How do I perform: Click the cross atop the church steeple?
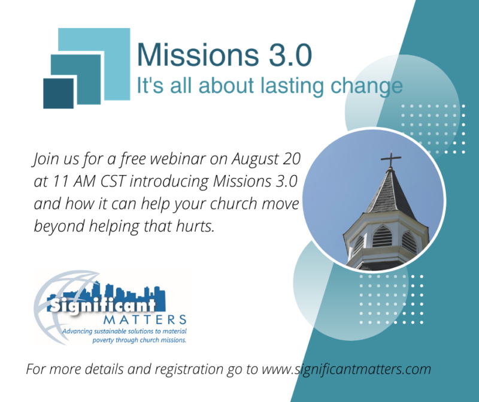390,159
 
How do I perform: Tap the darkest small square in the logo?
58,93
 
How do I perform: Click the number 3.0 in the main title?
290,55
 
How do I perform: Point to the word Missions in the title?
198,55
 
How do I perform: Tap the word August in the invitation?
255,159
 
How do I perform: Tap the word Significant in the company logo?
103,304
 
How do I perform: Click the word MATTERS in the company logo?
145,320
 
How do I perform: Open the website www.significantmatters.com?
347,369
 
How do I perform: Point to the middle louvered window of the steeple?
382,236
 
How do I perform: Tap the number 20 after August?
292,159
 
